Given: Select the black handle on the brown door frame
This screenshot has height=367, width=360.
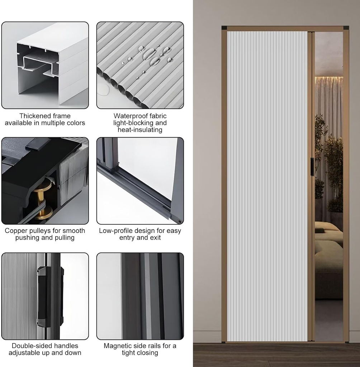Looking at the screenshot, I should click(x=312, y=167).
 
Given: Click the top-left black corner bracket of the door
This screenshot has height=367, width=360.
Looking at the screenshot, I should click(x=224, y=28).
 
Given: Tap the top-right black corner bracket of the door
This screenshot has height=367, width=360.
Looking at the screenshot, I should click(x=346, y=28).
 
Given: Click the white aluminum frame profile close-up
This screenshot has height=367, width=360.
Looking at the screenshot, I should click(x=50, y=65).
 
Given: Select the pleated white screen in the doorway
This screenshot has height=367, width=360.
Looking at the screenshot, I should click(x=267, y=186).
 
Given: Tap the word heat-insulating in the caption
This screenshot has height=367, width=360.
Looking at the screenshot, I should click(x=140, y=130).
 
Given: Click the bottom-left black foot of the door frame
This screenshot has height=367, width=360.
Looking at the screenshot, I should click(x=224, y=342).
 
